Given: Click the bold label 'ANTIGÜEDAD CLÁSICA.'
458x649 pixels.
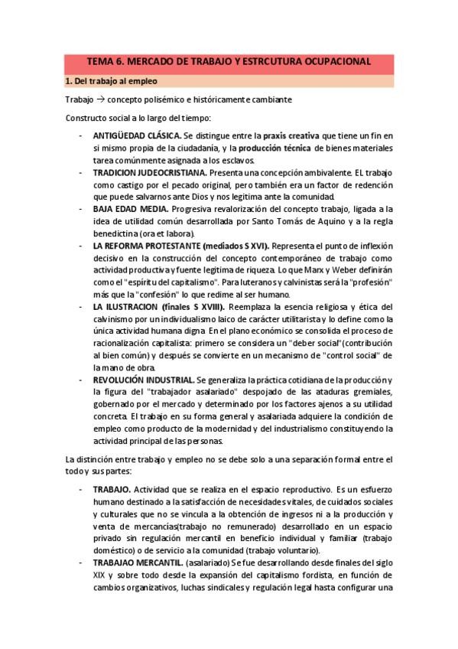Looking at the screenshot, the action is tap(137, 135).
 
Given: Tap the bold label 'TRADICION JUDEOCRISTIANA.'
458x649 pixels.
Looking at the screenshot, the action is tap(150, 174).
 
